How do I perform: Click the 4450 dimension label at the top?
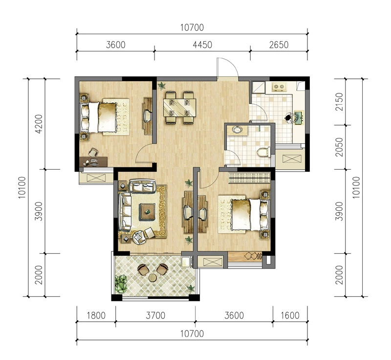(202, 45)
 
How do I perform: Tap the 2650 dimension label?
(279, 45)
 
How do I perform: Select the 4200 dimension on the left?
(39, 124)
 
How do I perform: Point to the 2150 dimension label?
(339, 102)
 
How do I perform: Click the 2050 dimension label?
(339, 147)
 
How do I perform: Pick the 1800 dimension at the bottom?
(96, 315)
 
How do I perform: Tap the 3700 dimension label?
(155, 315)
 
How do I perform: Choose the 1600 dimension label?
(290, 315)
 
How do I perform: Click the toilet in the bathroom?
(263, 152)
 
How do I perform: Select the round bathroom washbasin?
(237, 130)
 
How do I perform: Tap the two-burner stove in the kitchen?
(279, 87)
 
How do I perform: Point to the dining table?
(179, 108)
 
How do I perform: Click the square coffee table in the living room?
(148, 212)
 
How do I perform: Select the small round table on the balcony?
(152, 277)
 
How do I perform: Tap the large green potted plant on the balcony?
(121, 284)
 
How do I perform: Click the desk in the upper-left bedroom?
(93, 162)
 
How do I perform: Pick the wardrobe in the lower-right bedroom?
(249, 178)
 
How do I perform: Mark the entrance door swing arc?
(230, 63)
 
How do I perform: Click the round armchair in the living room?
(139, 237)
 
